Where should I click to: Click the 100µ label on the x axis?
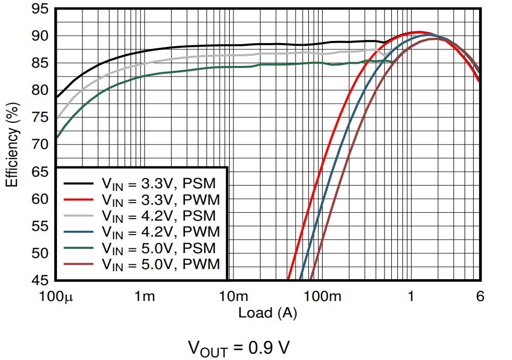coord(55,296)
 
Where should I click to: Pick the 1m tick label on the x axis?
coord(144,296)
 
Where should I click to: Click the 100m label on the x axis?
coord(322,296)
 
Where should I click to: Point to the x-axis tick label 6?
coord(480,296)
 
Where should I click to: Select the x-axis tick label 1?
coord(411,296)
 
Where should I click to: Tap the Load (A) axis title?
coord(267,313)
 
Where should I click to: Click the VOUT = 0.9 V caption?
coord(239,348)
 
